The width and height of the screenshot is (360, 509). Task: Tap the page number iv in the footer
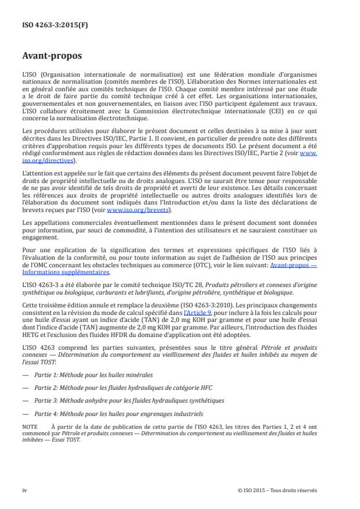click(24, 490)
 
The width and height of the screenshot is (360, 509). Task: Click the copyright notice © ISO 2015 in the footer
click(277, 490)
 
